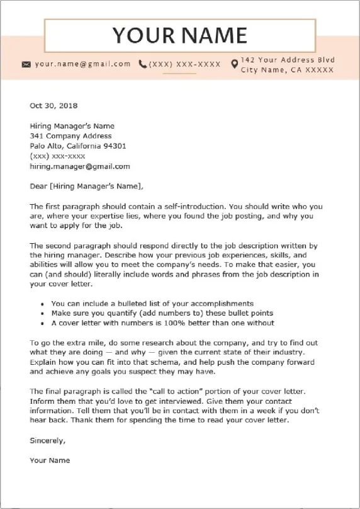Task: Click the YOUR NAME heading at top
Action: (x=179, y=35)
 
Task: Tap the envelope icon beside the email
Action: (x=26, y=64)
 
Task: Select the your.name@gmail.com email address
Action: (x=82, y=64)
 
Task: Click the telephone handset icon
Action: (x=143, y=64)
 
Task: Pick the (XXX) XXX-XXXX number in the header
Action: (x=185, y=64)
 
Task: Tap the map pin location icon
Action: (x=234, y=64)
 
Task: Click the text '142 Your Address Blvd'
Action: (x=288, y=60)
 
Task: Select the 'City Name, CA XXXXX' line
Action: (x=287, y=70)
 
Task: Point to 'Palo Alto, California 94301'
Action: (x=77, y=146)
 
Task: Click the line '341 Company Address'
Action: (x=70, y=135)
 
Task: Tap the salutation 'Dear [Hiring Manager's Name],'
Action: (x=86, y=186)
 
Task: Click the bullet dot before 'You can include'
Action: (x=42, y=304)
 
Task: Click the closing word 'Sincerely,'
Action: (x=47, y=440)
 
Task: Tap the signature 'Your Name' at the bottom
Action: (x=50, y=460)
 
